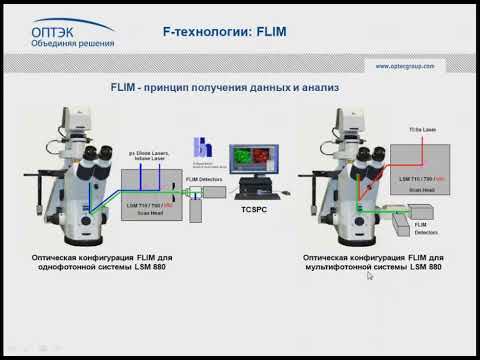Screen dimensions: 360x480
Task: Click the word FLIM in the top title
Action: [x=269, y=33]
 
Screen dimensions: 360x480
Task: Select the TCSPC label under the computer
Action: [x=256, y=212]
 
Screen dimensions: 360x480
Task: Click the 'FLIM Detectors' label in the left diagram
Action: [x=201, y=178]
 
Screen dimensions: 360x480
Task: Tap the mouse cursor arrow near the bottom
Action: [x=369, y=277]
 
